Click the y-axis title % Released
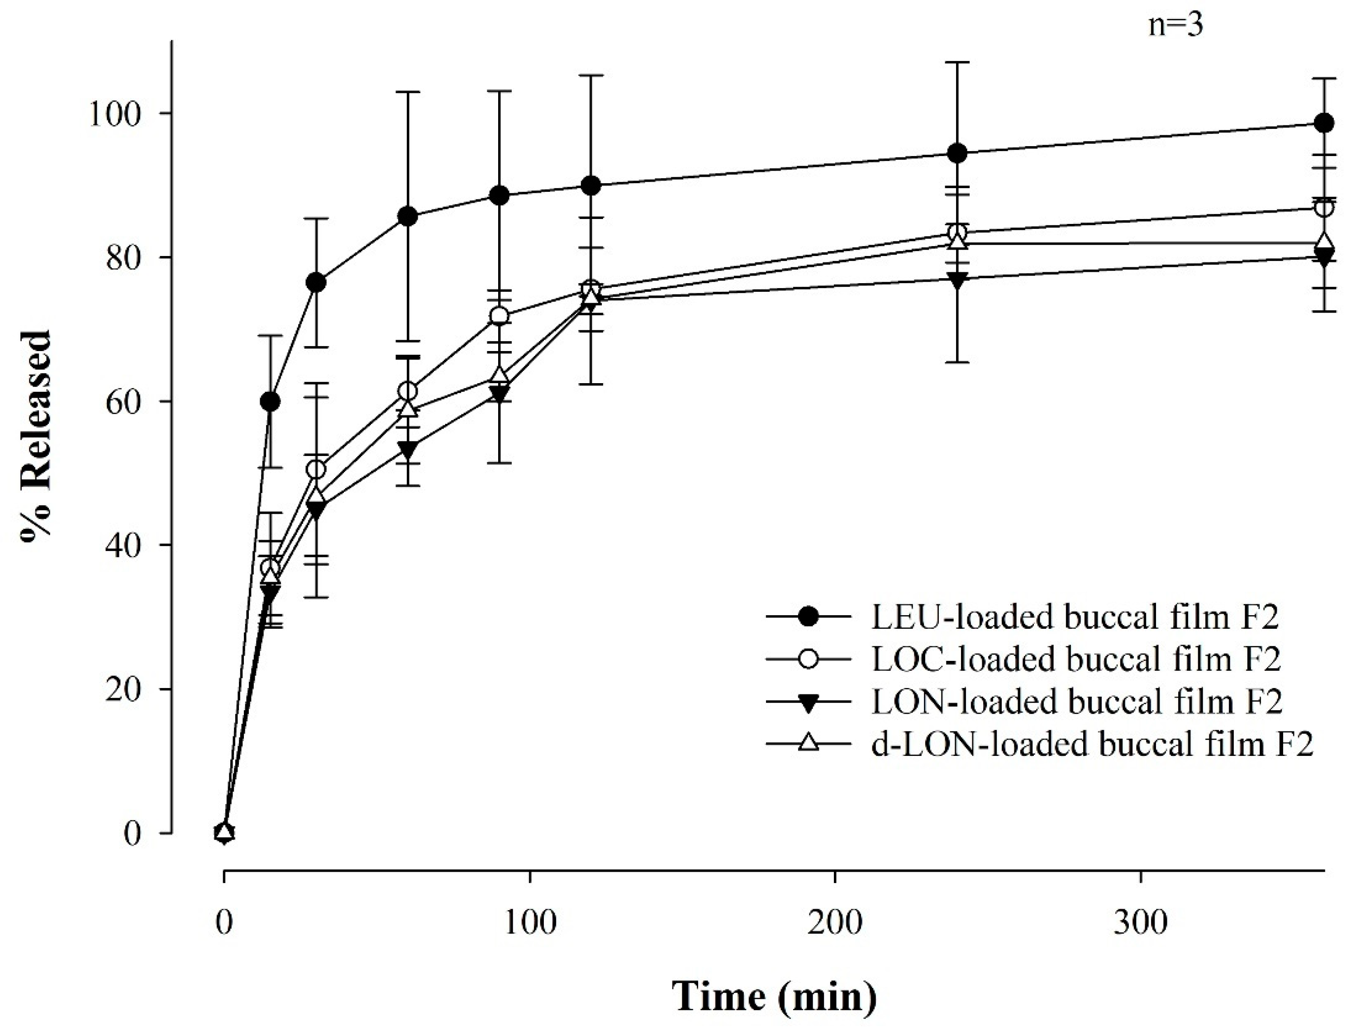pyautogui.click(x=37, y=436)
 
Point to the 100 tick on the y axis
pyautogui.click(x=117, y=114)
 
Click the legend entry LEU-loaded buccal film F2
pyautogui.click(x=1075, y=617)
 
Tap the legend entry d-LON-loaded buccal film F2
pyautogui.click(x=1092, y=744)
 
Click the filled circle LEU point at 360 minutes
pyautogui.click(x=1324, y=123)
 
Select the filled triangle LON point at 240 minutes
pyautogui.click(x=957, y=279)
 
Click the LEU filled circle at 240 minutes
pyautogui.click(x=957, y=153)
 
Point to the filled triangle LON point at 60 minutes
pyautogui.click(x=407, y=448)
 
